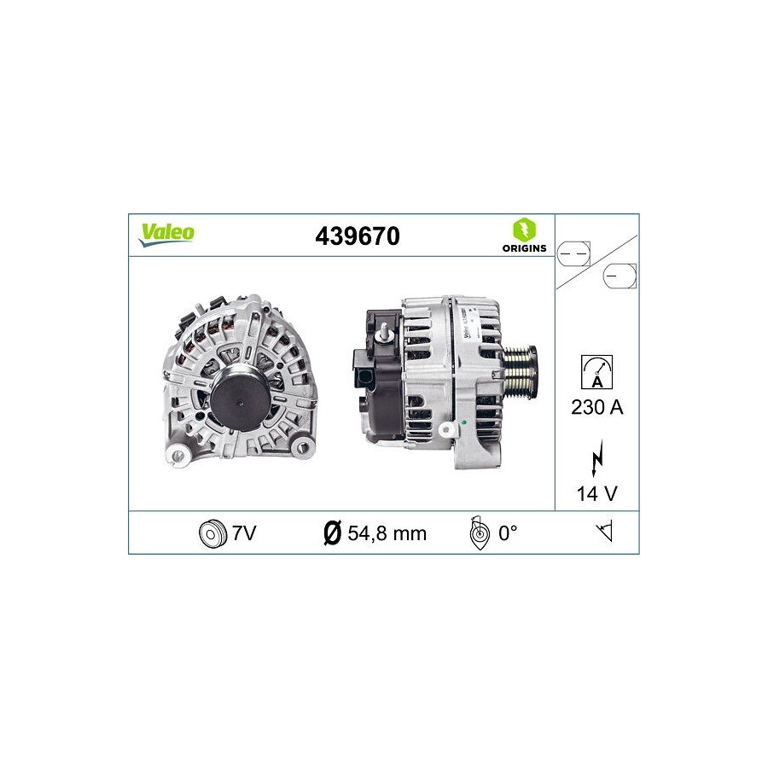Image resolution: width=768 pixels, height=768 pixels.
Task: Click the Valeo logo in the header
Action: coord(167,235)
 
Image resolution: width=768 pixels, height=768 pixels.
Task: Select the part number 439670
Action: coord(358,236)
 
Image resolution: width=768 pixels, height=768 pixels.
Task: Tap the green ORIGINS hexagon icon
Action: coord(524,230)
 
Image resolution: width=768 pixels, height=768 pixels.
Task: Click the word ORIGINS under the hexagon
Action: coord(524,248)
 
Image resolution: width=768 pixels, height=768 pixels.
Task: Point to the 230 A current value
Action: coord(597,407)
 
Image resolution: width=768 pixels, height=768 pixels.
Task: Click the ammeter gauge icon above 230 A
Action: coord(596,372)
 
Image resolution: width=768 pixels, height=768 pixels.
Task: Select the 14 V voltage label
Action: coord(597,494)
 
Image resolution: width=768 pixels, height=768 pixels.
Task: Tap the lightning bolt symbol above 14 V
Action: coord(597,458)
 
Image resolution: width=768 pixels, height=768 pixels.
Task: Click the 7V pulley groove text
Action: coord(244,532)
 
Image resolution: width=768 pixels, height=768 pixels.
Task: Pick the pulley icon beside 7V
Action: coord(213,533)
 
